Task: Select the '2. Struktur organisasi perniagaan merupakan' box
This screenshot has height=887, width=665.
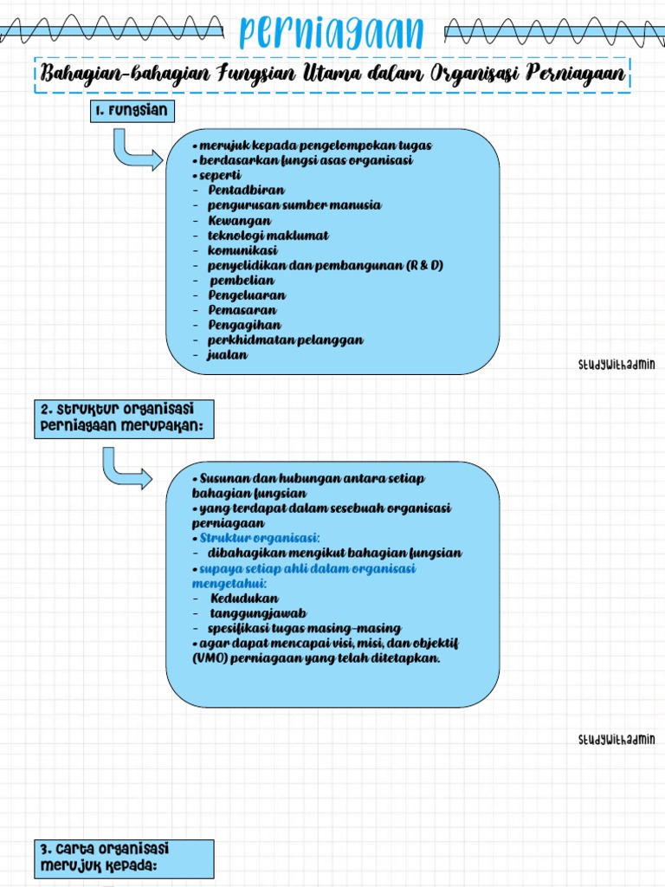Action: (124, 419)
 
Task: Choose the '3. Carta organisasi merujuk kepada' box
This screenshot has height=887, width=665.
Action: (124, 857)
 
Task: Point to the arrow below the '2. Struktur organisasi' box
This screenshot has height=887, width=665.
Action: (126, 469)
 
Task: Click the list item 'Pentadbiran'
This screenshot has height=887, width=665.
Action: (246, 190)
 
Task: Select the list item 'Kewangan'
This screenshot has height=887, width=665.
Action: (239, 220)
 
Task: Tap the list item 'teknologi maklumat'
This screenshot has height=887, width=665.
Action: (268, 235)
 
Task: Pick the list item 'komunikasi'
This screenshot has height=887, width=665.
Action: (242, 250)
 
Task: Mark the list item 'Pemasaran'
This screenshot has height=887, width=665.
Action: (242, 310)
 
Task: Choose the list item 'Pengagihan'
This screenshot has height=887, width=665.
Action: (244, 325)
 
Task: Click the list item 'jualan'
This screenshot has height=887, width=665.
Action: (228, 355)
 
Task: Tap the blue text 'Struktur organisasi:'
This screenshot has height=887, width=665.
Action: (260, 538)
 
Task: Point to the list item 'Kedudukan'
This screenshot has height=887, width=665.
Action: (245, 599)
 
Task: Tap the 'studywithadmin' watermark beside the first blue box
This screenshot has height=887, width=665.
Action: (617, 365)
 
